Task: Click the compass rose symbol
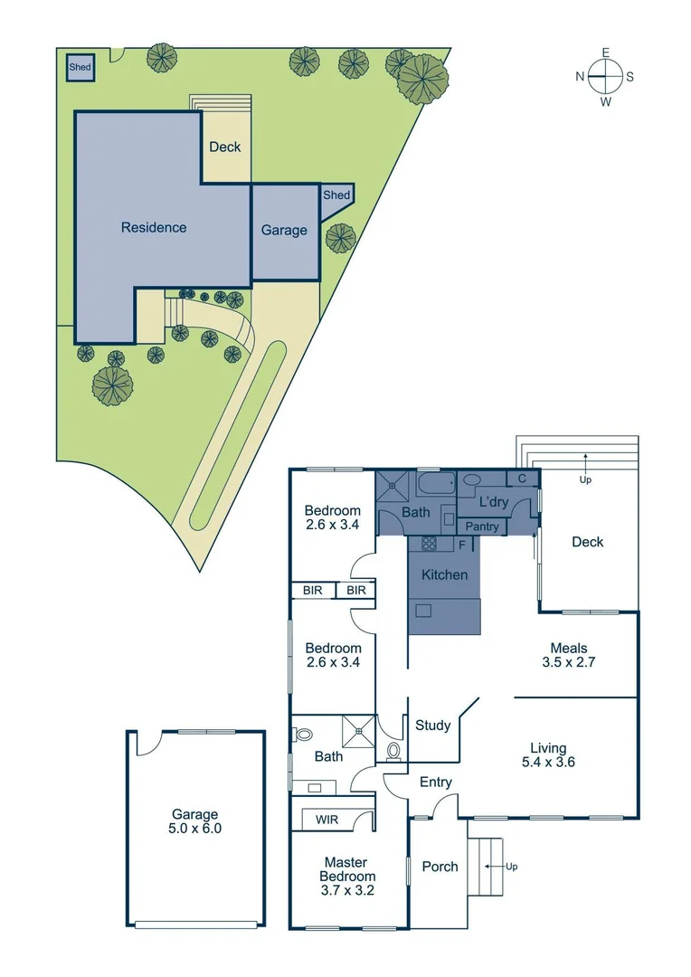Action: pyautogui.click(x=605, y=77)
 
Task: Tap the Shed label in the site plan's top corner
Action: pyautogui.click(x=80, y=67)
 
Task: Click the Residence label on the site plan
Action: pyautogui.click(x=154, y=227)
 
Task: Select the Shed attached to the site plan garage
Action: pyautogui.click(x=336, y=195)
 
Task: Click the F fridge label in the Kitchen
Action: pyautogui.click(x=462, y=545)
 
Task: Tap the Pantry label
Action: pyautogui.click(x=481, y=526)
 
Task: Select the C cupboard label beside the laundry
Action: pyautogui.click(x=522, y=479)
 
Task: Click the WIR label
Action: pyautogui.click(x=327, y=820)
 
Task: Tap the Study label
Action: pyautogui.click(x=432, y=725)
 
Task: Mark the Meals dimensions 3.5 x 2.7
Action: pyautogui.click(x=569, y=661)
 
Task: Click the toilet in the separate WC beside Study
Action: pyautogui.click(x=393, y=750)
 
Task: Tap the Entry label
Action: pyautogui.click(x=435, y=783)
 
